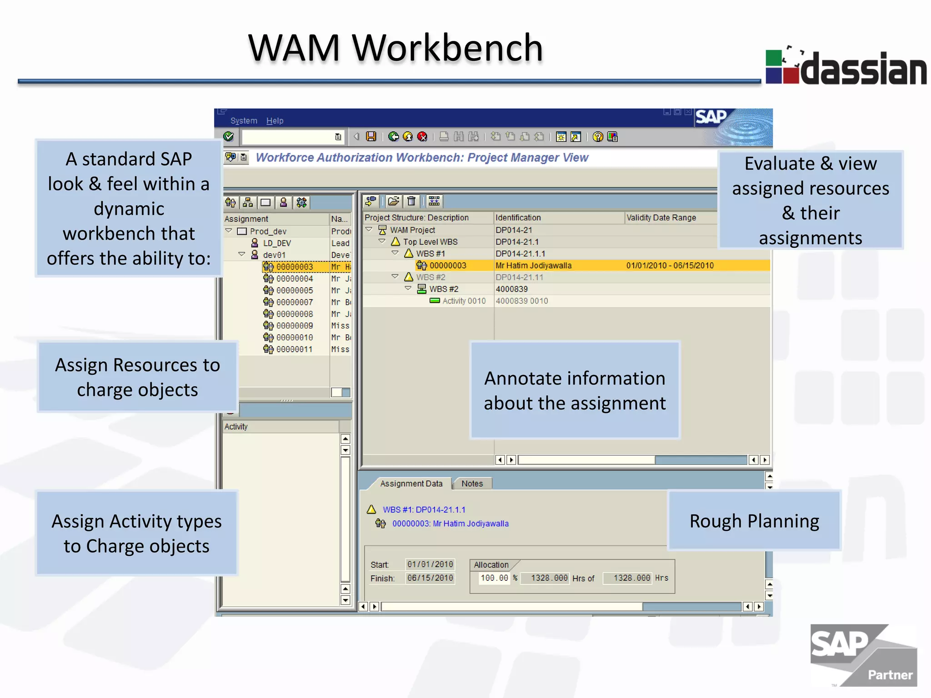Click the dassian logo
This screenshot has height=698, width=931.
[846, 68]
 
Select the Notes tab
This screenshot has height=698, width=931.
[472, 484]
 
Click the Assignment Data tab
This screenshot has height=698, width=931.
[411, 484]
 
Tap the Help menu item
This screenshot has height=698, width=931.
[275, 121]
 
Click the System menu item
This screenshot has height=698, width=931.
[244, 121]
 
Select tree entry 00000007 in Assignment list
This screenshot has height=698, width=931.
[294, 302]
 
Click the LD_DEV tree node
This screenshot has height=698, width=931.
[277, 243]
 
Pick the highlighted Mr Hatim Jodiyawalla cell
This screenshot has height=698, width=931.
[533, 265]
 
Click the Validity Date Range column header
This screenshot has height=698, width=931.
[661, 218]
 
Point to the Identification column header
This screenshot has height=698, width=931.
[518, 218]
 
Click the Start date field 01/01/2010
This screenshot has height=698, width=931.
[430, 564]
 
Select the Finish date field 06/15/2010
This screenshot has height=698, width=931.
[430, 578]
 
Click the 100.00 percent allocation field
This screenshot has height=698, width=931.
[494, 578]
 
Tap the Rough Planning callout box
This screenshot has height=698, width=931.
[754, 521]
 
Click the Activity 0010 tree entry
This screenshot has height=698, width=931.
[464, 301]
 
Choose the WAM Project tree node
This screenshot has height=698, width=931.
[412, 230]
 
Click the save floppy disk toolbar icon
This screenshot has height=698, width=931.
[371, 137]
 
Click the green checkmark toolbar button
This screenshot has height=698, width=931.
[229, 137]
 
